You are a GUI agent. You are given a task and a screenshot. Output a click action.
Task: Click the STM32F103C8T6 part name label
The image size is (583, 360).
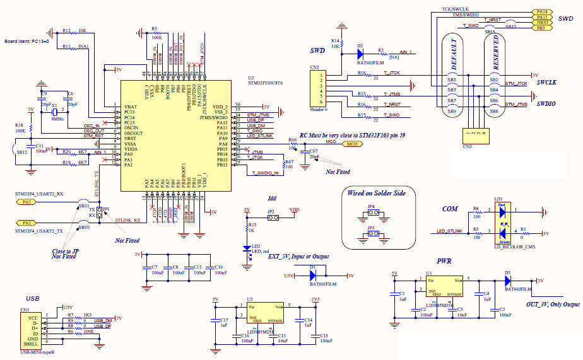coord(264,83)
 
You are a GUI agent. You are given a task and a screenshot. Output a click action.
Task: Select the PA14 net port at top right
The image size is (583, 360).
coord(541,11)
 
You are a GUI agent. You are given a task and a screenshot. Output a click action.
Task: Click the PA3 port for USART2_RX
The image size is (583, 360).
coord(26,202)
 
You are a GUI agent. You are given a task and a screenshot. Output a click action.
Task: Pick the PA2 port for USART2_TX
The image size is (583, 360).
coord(26,223)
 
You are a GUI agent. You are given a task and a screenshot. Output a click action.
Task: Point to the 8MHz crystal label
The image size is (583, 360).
coord(57,118)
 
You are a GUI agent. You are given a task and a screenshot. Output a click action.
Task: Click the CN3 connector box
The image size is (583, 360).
coord(474,133)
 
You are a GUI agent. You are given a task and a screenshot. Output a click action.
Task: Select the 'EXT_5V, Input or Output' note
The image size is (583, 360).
coord(298,257)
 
